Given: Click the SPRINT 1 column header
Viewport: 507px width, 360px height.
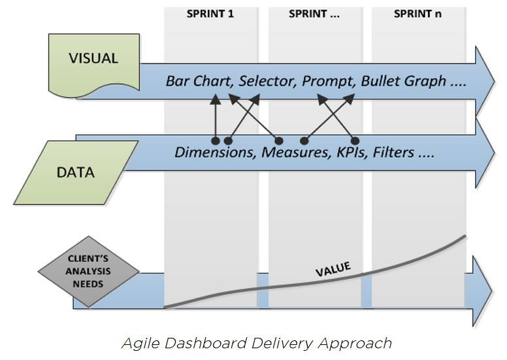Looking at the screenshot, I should pyautogui.click(x=211, y=14).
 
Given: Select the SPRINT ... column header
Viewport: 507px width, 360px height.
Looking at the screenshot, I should pyautogui.click(x=314, y=14).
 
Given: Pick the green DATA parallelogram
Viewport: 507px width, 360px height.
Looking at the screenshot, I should pyautogui.click(x=76, y=172).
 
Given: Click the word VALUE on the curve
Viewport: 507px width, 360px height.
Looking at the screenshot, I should pyautogui.click(x=333, y=269).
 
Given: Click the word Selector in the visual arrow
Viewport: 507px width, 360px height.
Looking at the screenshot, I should pyautogui.click(x=265, y=82).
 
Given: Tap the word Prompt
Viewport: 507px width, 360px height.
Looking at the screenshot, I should pyautogui.click(x=327, y=82).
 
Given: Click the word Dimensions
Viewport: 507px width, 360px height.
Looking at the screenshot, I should pyautogui.click(x=215, y=153).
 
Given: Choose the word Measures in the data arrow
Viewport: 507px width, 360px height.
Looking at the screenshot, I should pyautogui.click(x=291, y=153).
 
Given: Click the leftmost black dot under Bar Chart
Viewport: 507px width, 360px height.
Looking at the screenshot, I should pyautogui.click(x=215, y=140).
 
